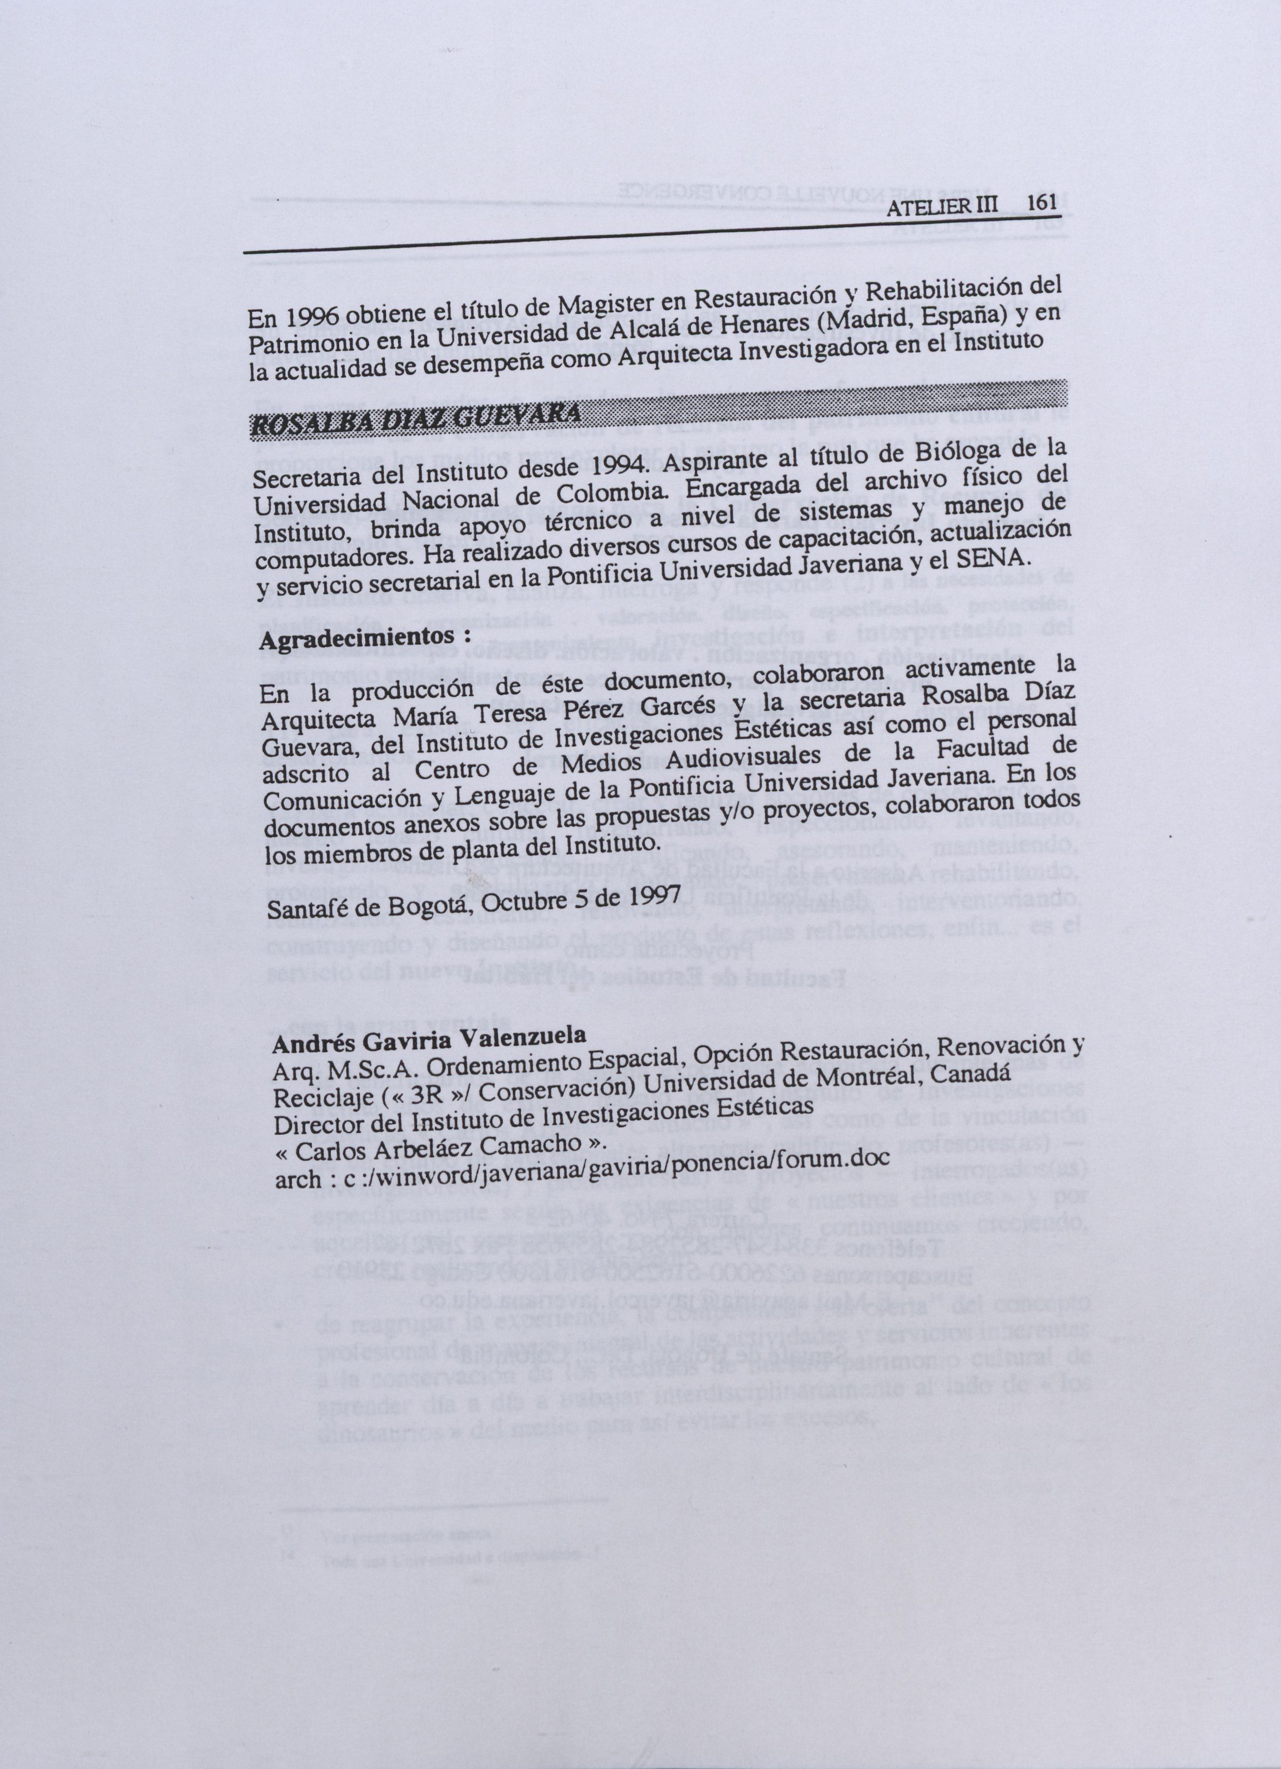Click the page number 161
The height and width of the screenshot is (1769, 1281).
(x=1041, y=202)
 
